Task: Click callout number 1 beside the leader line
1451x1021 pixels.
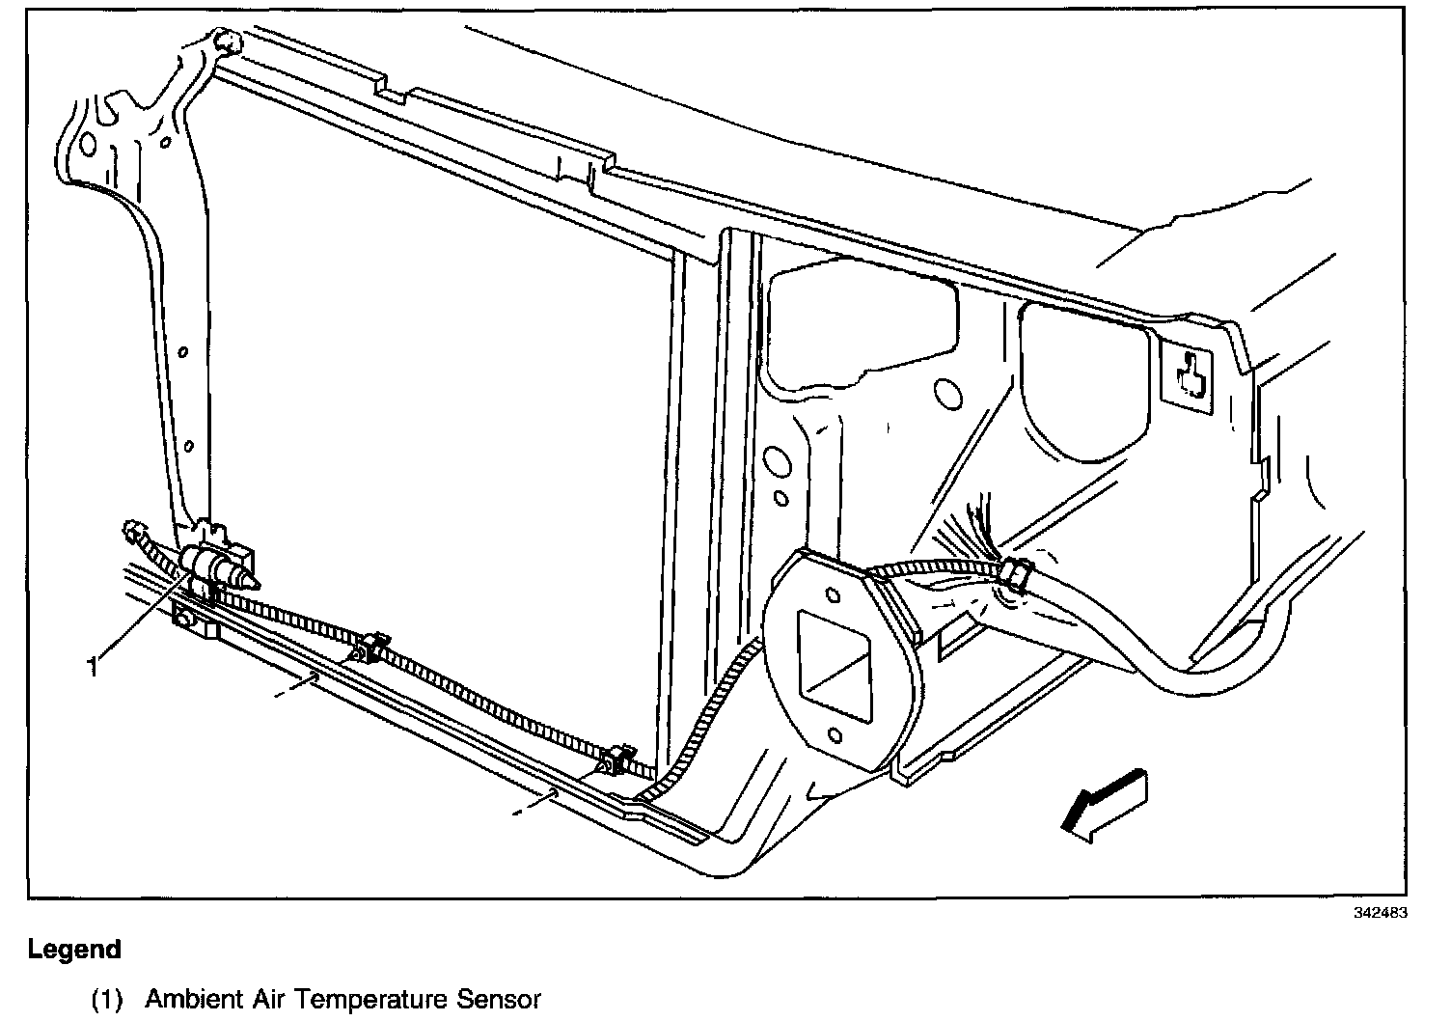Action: point(94,666)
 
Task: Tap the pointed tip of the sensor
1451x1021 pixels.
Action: point(255,582)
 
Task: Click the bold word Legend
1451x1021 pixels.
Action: point(74,950)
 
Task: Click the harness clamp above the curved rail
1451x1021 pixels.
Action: point(1016,574)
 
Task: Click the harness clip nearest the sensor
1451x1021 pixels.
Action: point(370,647)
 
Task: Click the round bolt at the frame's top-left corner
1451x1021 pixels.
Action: point(229,41)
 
